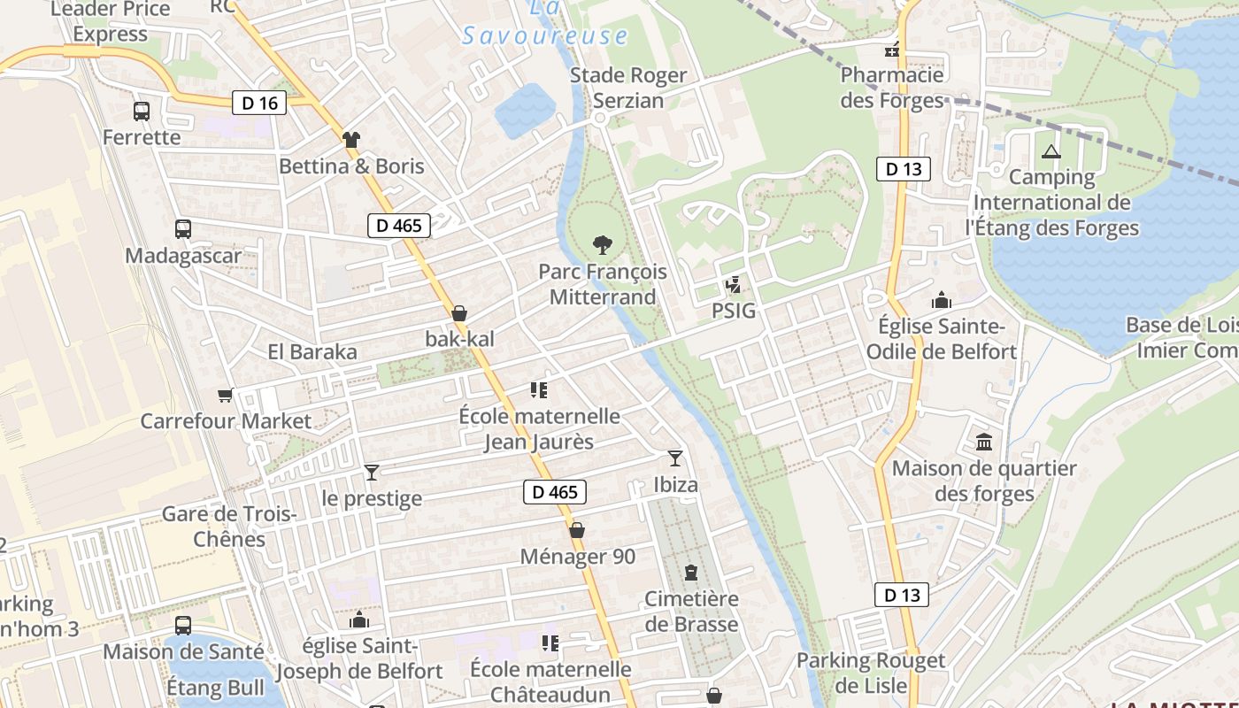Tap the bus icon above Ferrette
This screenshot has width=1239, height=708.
tap(142, 112)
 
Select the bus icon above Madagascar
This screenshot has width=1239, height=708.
tap(183, 229)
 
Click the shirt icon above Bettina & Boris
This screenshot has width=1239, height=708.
tap(351, 139)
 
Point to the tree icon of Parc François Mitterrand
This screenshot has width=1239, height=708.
tap(602, 244)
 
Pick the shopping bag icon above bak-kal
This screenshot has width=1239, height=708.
tap(459, 313)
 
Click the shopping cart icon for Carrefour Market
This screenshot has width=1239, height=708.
tap(226, 395)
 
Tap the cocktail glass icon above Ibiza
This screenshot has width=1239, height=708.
tap(675, 458)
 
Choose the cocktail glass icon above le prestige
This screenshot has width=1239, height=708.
tap(372, 473)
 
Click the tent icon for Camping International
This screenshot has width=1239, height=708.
tap(1050, 151)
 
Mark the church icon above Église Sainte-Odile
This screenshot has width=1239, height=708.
tap(941, 300)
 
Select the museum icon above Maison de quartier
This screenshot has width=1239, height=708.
tap(984, 442)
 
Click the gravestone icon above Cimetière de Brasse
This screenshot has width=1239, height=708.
tap(691, 573)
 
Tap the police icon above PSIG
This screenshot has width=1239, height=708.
tap(733, 285)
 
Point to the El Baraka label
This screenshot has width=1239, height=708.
tap(312, 352)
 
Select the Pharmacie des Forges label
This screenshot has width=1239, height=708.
tap(892, 88)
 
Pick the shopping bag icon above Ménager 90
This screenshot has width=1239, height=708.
tap(577, 530)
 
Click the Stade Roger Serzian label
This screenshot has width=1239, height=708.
tap(628, 88)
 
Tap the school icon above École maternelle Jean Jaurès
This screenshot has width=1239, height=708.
tap(539, 389)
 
